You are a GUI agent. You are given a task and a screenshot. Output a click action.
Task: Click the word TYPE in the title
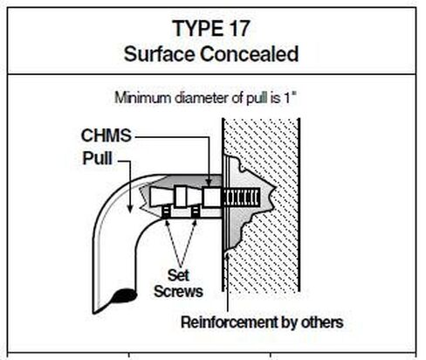click(196, 28)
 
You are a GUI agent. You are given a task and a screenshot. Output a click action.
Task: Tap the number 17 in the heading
click(237, 28)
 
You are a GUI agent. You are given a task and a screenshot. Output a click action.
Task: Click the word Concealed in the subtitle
click(249, 54)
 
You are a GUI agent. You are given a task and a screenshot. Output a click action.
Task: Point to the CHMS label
click(106, 135)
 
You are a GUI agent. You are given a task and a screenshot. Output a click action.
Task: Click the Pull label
click(97, 158)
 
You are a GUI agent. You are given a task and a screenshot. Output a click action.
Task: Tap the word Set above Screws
click(178, 275)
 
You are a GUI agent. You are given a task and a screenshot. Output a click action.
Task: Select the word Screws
click(178, 291)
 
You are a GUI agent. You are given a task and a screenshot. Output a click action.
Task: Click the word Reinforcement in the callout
click(229, 322)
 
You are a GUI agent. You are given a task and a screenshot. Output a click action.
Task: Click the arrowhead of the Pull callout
click(130, 209)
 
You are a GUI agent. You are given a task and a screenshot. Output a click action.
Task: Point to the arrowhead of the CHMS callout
click(209, 182)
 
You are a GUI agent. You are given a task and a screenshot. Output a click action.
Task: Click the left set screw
click(166, 211)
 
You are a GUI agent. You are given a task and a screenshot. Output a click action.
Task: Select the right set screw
click(196, 211)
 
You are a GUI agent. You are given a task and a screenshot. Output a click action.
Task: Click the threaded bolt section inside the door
click(241, 197)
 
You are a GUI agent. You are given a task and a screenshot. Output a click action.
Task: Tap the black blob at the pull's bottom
click(124, 296)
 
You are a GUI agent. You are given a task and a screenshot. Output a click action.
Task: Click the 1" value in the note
click(290, 98)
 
